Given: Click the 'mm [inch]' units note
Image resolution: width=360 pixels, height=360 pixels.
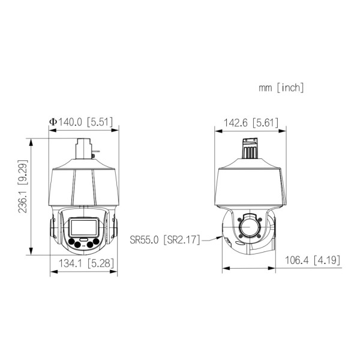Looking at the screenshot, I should pos(281,88).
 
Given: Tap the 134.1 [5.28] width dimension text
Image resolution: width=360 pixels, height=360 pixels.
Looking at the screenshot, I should pos(83,263).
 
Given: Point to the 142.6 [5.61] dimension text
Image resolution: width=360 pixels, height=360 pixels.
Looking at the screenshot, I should pos(251,122).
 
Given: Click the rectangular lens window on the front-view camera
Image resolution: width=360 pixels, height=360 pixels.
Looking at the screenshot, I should pos(82,227).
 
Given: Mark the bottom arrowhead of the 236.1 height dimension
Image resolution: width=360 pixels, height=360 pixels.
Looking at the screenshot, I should pos(30,253).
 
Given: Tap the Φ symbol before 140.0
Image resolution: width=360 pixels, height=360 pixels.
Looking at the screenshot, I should pos(53,122).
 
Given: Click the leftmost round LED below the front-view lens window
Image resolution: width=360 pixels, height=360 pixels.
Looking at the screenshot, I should pos(71,243).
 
